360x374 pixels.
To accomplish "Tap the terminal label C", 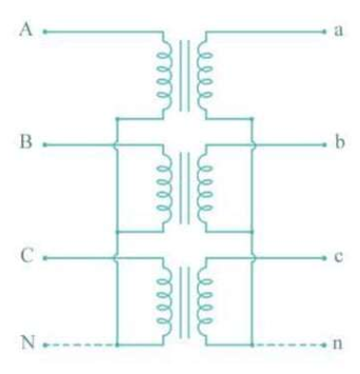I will coord(27,257).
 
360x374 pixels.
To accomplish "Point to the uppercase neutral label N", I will coord(27,343).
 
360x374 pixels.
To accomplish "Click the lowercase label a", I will coord(338,30).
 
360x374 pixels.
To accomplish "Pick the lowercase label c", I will coord(338,257).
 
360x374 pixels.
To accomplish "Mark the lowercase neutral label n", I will coord(337,344).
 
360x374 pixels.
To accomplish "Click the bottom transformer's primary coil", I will coord(163,299).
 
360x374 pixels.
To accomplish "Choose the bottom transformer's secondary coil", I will coord(203,299).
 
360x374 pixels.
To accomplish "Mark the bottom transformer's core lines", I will coord(183,299).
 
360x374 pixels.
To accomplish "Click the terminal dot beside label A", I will coord(44,30).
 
